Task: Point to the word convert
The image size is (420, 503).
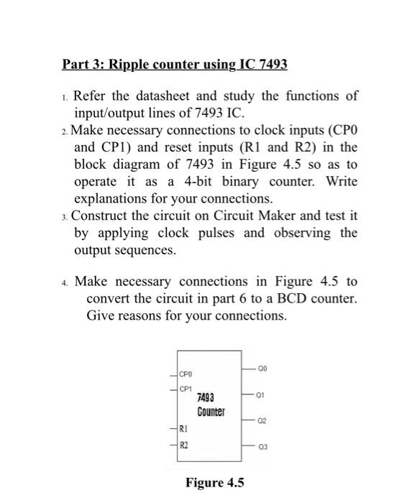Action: (109, 298)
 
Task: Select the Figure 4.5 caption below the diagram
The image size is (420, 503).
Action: (214, 483)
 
